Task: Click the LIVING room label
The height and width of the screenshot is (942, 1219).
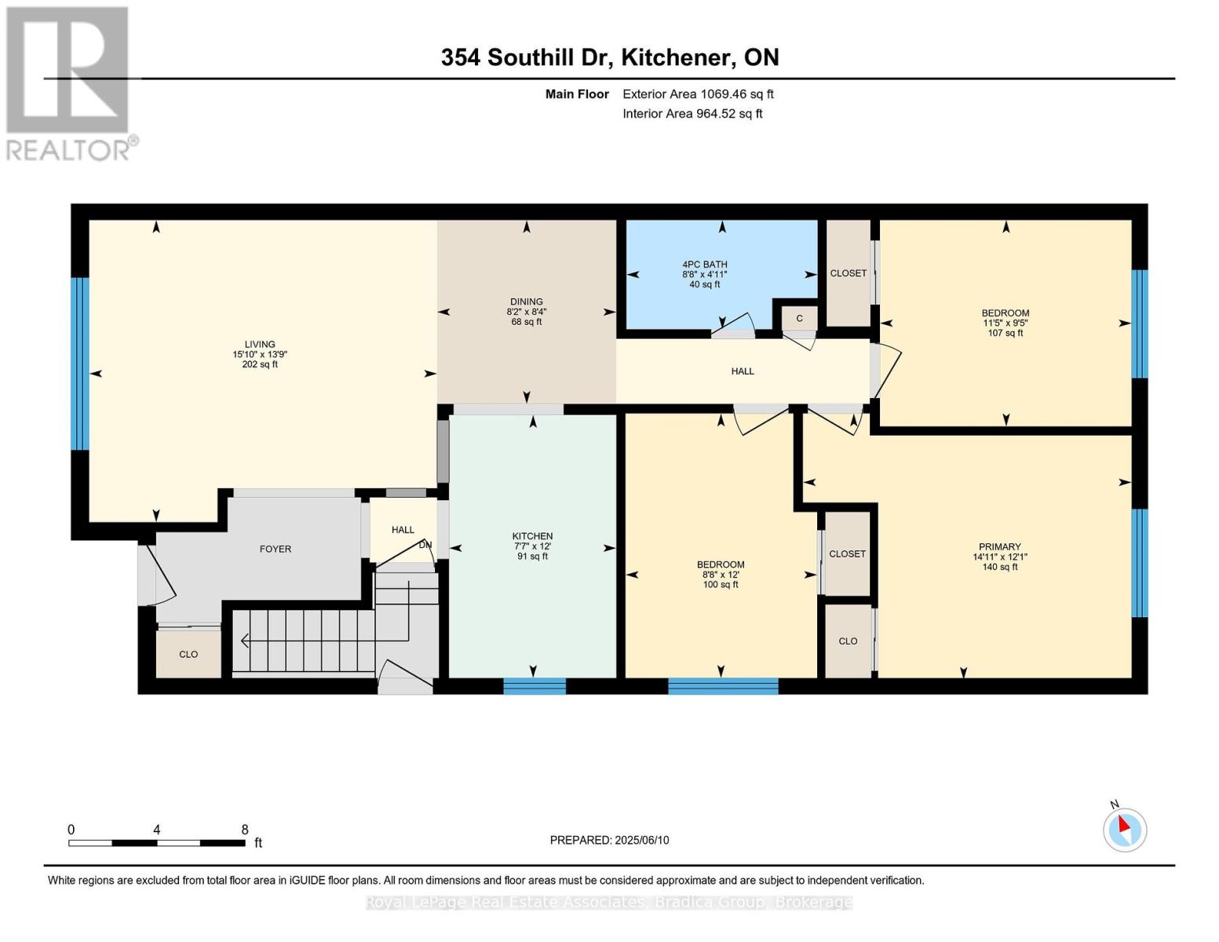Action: coord(260,344)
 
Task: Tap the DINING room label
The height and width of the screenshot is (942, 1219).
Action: coord(526,301)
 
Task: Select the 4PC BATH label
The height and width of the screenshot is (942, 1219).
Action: coord(704,265)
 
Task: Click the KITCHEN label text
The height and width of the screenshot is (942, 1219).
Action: coord(532,536)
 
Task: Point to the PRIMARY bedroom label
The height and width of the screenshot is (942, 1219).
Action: coord(999,546)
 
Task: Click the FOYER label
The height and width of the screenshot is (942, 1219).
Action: coord(276,549)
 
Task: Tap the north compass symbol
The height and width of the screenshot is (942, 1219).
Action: coord(1124,829)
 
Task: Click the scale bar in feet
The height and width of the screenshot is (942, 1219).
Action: coord(156,843)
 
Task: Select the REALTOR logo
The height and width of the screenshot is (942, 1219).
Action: coord(69,83)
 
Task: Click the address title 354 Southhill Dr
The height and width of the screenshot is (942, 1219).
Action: coord(609,57)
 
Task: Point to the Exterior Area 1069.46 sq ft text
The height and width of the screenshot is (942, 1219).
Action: coord(698,94)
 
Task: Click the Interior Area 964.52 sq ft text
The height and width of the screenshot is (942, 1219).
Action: coord(692,114)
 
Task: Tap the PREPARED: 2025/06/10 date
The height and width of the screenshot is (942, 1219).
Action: coord(609,840)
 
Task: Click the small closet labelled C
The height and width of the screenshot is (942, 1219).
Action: coord(799,318)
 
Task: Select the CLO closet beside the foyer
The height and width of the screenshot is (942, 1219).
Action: coord(188,654)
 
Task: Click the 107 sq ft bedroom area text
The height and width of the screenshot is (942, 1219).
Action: coord(1005,333)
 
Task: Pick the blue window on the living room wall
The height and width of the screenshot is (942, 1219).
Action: coord(80,363)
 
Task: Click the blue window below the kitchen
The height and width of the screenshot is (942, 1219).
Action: coord(534,686)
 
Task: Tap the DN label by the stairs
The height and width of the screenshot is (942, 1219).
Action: coord(425,545)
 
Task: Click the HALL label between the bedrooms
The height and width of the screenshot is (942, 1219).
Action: coord(742,371)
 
